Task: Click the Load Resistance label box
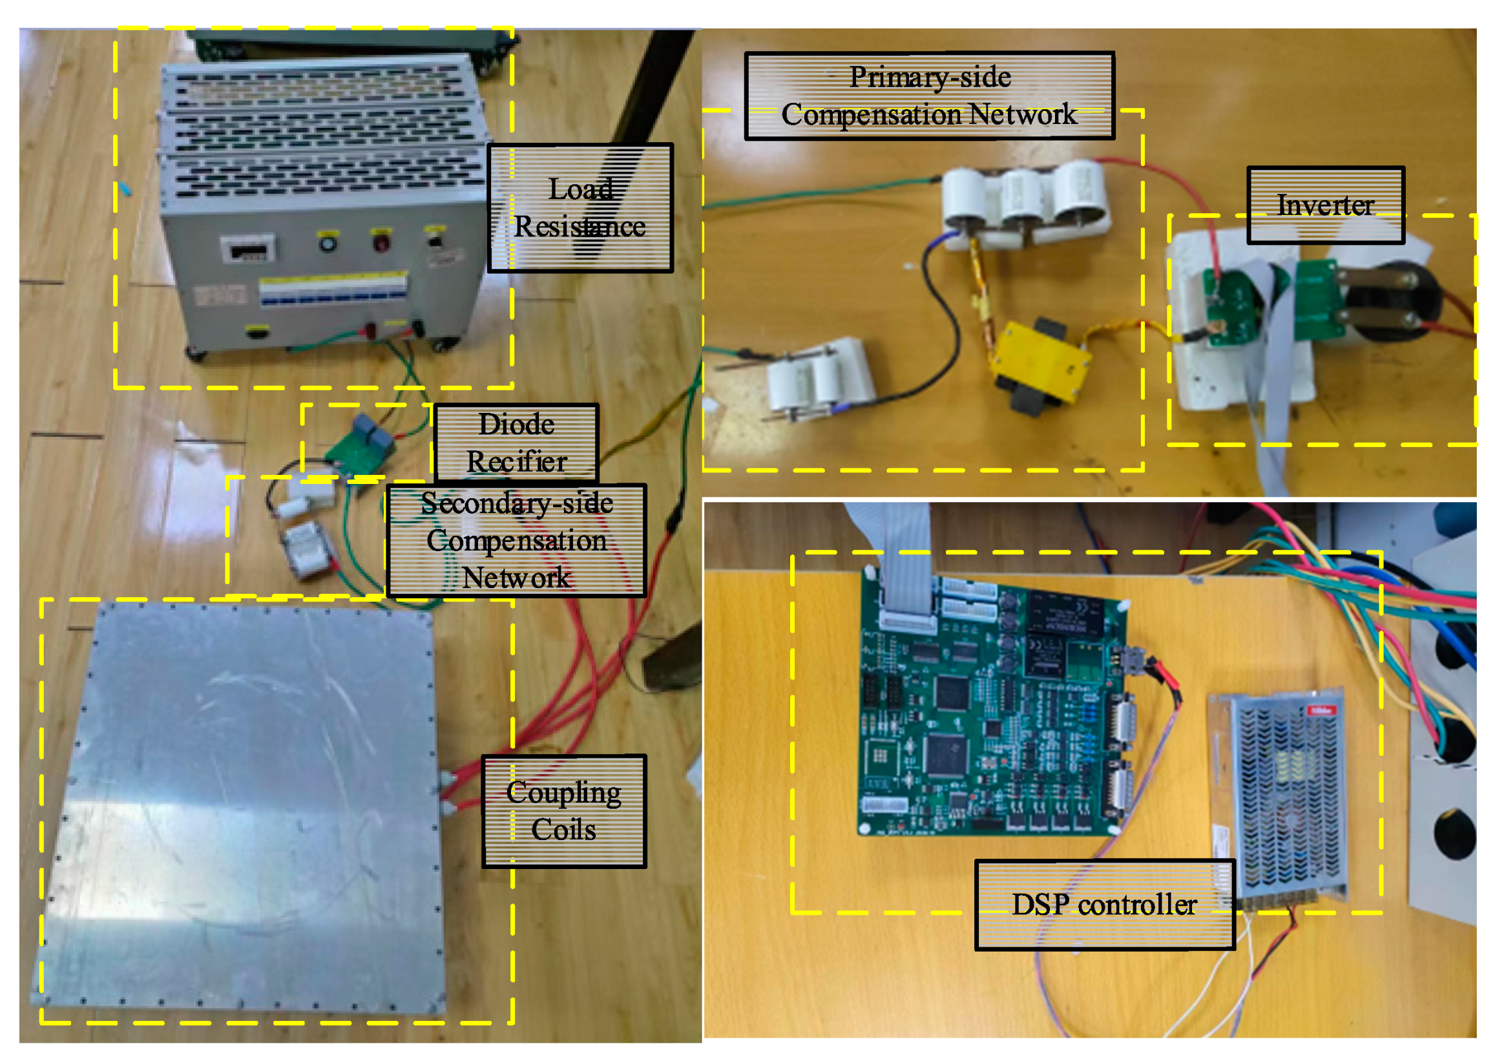pos(580,208)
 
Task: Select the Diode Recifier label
pos(516,443)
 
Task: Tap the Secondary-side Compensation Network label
pos(516,541)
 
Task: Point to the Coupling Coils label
pos(564,811)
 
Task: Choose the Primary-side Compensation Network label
pos(929,96)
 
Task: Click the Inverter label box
pos(1325,205)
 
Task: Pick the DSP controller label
pos(1105,905)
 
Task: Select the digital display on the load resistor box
pos(247,249)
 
